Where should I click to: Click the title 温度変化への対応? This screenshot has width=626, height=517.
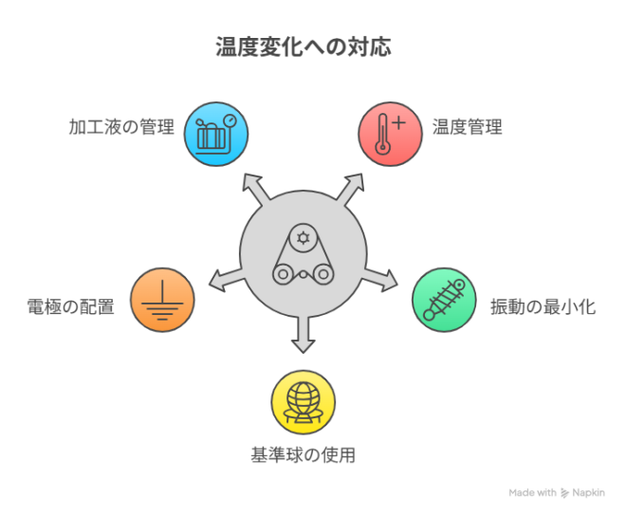304,46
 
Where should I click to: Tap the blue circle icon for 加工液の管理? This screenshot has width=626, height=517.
216,134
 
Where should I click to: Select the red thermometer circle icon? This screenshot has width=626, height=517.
390,134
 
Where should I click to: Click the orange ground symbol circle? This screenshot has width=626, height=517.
162,300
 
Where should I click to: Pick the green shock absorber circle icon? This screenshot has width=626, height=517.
444,300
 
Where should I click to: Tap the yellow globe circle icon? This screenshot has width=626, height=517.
304,402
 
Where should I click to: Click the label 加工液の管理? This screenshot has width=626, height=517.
121,127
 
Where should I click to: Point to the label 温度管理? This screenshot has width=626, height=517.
467,127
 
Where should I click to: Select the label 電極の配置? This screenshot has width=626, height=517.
71,307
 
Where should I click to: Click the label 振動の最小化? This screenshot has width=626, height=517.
543,307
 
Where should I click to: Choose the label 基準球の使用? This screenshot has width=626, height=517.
303,454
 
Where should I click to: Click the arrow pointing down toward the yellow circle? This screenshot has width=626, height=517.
304,335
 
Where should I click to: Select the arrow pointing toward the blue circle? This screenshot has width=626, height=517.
256,189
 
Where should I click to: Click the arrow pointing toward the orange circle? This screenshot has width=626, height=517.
226,280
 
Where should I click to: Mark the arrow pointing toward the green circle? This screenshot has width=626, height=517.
380,280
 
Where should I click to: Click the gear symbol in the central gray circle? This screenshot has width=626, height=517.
304,238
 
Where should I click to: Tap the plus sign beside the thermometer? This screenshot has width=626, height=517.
398,122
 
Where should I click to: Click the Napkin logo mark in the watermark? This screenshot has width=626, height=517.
564,493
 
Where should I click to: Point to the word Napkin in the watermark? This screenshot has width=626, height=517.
588,493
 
